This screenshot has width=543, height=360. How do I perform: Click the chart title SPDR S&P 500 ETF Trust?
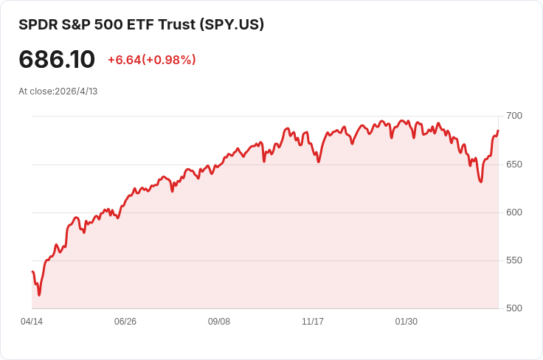pyautogui.click(x=107, y=24)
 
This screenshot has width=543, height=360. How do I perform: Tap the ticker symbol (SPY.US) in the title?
pyautogui.click(x=232, y=24)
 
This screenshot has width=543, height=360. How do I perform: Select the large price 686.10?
pyautogui.click(x=57, y=59)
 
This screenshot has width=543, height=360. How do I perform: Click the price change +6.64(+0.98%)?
pyautogui.click(x=152, y=60)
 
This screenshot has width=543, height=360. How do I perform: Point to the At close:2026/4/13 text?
pyautogui.click(x=58, y=91)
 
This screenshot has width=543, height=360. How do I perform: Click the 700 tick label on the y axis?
pyautogui.click(x=514, y=116)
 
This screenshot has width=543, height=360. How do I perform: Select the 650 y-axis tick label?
pyautogui.click(x=514, y=164)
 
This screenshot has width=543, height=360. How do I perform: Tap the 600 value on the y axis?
pyautogui.click(x=514, y=212)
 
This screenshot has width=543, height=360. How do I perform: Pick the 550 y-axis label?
pyautogui.click(x=514, y=260)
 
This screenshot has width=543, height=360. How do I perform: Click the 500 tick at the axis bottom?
pyautogui.click(x=514, y=308)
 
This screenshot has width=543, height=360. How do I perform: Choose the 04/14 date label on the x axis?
pyautogui.click(x=32, y=322)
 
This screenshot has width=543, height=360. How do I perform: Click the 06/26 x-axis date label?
pyautogui.click(x=125, y=322)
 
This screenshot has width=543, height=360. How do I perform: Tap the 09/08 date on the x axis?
pyautogui.click(x=219, y=322)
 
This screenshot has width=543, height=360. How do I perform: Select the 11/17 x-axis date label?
pyautogui.click(x=313, y=322)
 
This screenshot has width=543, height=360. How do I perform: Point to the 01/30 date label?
pyautogui.click(x=407, y=322)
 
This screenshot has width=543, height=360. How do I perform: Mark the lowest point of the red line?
pyautogui.click(x=39, y=295)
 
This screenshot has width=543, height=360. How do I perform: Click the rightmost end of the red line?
pyautogui.click(x=498, y=131)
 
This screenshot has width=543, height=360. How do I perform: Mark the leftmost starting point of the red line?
pyautogui.click(x=32, y=271)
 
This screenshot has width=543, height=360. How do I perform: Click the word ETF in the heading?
pyautogui.click(x=141, y=24)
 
